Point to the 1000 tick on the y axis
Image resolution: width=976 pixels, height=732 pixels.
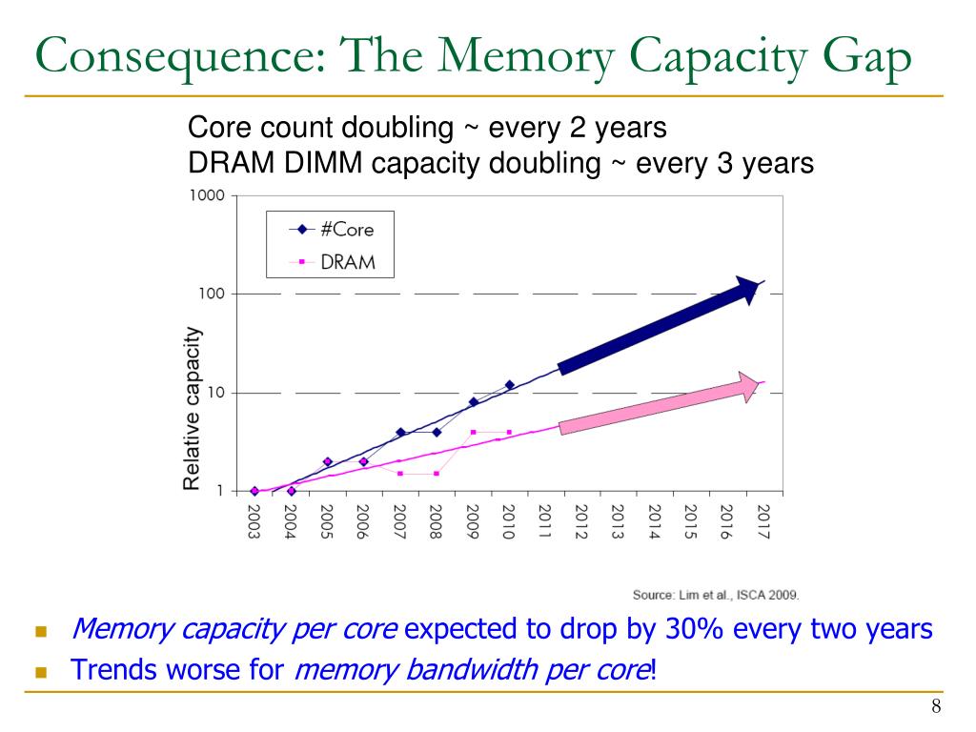pos(208,195)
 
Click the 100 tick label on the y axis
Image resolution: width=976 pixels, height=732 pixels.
pos(212,294)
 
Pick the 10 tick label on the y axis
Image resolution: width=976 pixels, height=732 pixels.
pos(215,393)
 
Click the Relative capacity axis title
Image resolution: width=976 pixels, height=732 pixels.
pos(193,408)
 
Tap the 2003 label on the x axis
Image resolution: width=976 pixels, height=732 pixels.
pos(254,519)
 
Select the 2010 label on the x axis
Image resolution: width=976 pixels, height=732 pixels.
pos(509,519)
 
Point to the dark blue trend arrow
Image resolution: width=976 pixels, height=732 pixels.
pos(658,325)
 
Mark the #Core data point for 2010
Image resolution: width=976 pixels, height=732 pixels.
pos(510,385)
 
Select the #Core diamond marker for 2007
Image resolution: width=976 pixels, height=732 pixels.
pos(400,432)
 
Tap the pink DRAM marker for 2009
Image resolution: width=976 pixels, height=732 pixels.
pos(474,432)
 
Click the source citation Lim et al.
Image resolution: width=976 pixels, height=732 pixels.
pos(716,595)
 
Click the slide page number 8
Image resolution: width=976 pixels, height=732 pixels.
pos(936,706)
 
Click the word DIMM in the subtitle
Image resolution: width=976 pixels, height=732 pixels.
pos(325,163)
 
